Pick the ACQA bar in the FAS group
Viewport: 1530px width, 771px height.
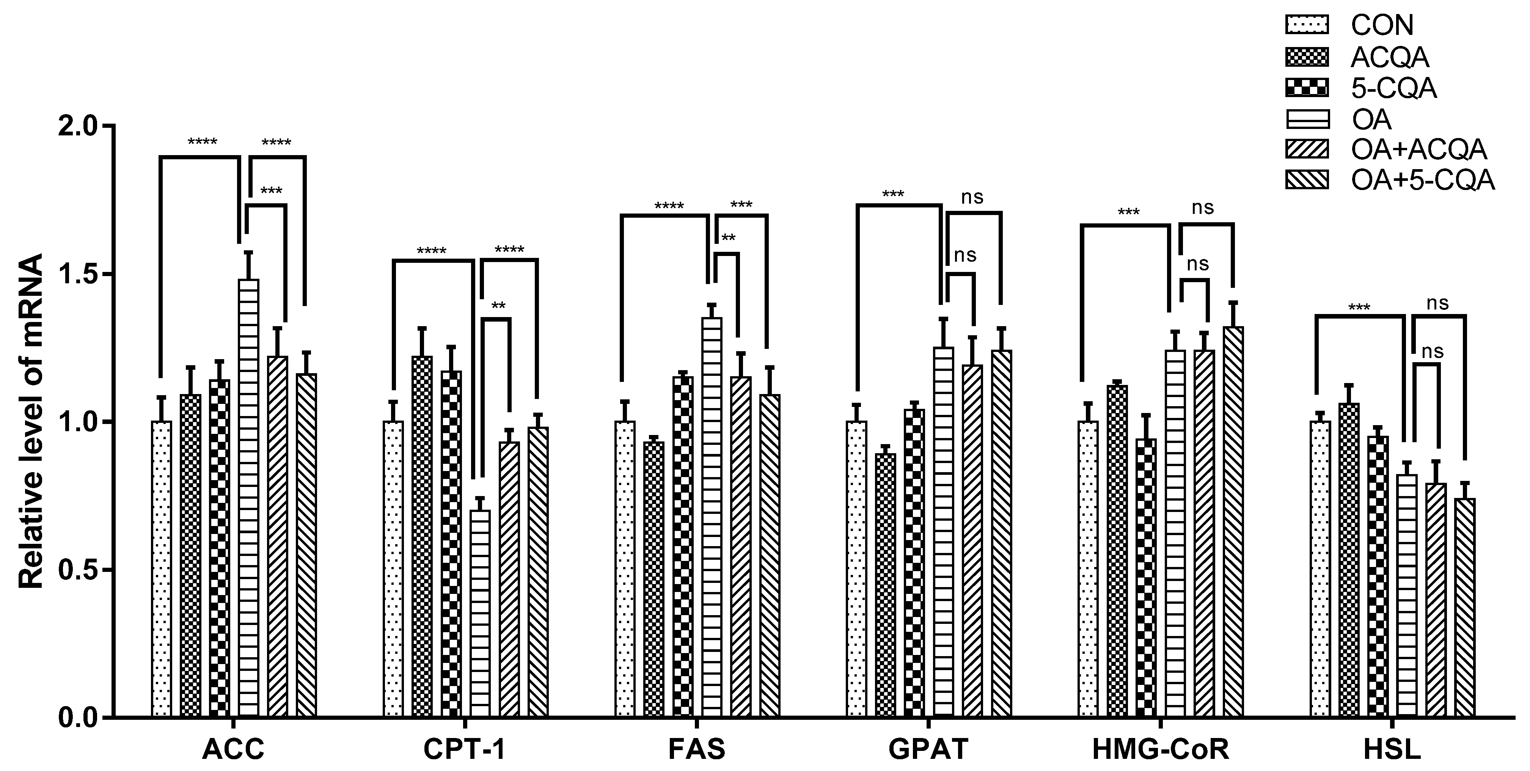pyautogui.click(x=654, y=579)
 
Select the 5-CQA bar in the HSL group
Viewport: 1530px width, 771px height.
pyautogui.click(x=1378, y=576)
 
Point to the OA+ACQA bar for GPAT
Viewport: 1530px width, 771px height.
pyautogui.click(x=972, y=540)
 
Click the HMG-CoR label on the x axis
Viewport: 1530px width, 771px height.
pyautogui.click(x=1160, y=750)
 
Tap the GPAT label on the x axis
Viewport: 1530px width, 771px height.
pyautogui.click(x=928, y=750)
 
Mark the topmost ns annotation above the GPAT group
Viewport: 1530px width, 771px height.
pyautogui.click(x=972, y=197)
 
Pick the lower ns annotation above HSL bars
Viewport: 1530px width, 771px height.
pyautogui.click(x=1432, y=351)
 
